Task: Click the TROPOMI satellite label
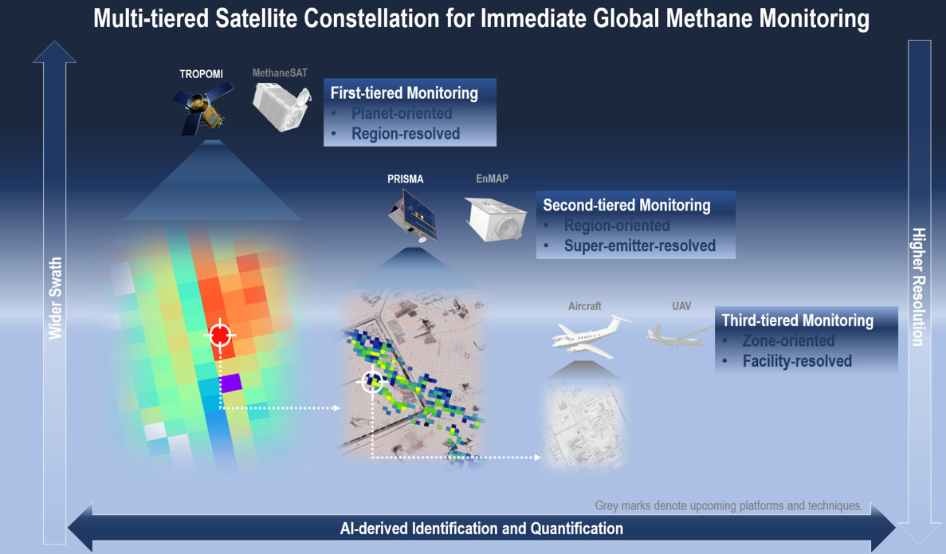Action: (201, 73)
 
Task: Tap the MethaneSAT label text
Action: (279, 73)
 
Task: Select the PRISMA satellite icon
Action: (413, 215)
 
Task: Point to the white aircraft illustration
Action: (590, 336)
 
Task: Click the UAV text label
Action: (681, 306)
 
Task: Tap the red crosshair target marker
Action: (220, 334)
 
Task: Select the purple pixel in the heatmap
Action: (231, 383)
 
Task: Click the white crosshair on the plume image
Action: (371, 381)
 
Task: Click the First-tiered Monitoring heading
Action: (404, 93)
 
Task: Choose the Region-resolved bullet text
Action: (406, 133)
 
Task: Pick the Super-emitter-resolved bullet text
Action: (639, 246)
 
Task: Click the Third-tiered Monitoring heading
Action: (798, 320)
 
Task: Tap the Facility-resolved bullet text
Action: (797, 361)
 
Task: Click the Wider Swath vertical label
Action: (56, 298)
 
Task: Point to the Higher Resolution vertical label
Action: (918, 287)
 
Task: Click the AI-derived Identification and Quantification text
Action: (481, 528)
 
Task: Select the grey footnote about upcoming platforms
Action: (728, 505)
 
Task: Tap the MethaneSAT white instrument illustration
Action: (282, 106)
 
